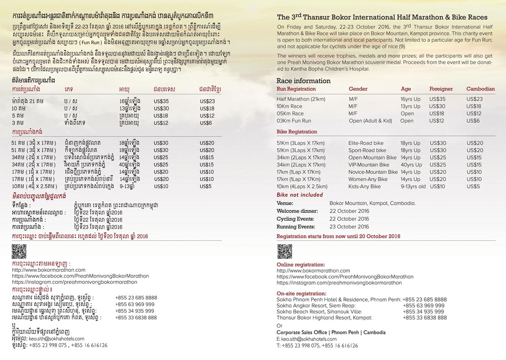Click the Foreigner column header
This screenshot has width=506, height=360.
(441, 89)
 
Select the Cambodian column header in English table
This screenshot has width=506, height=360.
(480, 89)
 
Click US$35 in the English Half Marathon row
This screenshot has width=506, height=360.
(437, 99)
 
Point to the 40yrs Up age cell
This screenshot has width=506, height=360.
(411, 165)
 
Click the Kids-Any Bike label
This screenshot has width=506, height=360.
(365, 187)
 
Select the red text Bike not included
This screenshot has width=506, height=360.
(300, 195)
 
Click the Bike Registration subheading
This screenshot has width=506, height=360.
(297, 132)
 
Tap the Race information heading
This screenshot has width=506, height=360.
(303, 81)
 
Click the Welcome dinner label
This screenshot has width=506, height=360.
(298, 211)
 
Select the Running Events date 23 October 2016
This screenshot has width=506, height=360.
(349, 227)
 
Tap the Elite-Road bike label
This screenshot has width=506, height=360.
(366, 143)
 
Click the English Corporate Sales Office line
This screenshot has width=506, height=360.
(331, 332)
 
